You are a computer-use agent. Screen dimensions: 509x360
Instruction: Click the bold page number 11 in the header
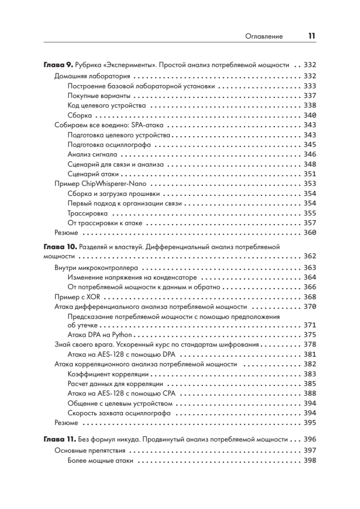pyautogui.click(x=312, y=36)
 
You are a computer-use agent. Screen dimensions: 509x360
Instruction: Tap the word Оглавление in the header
pyautogui.click(x=264, y=37)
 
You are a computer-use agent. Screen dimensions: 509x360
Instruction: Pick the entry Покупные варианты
pyautogui.click(x=99, y=95)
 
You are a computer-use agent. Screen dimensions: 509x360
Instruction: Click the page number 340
pyautogui.click(x=310, y=115)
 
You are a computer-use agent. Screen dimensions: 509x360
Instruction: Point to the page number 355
pyautogui.click(x=310, y=213)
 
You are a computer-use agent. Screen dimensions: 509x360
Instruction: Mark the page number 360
pyautogui.click(x=310, y=232)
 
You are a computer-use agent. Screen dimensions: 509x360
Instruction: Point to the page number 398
pyautogui.click(x=310, y=460)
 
